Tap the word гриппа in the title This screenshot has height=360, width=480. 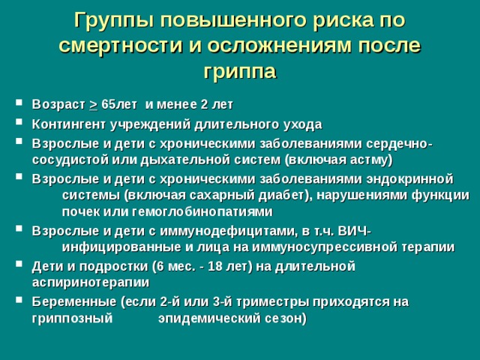[240, 72]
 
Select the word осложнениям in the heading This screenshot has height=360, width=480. [280, 46]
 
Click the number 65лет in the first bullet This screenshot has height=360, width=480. [119, 104]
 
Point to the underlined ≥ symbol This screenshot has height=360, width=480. [93, 105]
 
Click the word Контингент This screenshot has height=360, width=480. [69, 124]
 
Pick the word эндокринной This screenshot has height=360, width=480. [409, 179]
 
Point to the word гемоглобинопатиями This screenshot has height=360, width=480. [202, 211]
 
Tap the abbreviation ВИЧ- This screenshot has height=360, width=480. [355, 231]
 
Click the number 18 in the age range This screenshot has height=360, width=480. [214, 267]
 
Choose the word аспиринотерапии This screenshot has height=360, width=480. [91, 283]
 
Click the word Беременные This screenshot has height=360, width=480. [74, 302]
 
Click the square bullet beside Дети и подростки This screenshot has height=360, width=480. [19, 263]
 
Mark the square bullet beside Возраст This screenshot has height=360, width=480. [19, 102]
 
